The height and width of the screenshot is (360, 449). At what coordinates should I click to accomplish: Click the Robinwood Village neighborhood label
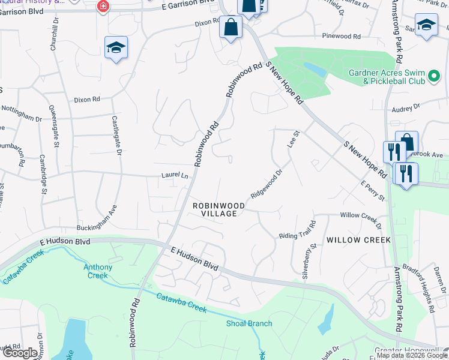[x=218, y=209]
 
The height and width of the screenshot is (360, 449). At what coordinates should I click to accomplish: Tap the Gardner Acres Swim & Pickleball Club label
[x=387, y=77]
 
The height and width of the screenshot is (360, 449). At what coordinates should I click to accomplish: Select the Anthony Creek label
[x=97, y=271]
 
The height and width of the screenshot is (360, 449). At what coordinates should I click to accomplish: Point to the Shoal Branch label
[x=249, y=323]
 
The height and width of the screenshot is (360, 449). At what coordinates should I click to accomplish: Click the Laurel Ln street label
[x=175, y=176]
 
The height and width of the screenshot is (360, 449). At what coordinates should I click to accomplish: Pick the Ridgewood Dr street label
[x=267, y=186]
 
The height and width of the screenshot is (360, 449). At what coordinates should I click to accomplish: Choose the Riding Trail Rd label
[x=297, y=233]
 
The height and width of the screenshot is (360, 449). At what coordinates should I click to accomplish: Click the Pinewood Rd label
[x=344, y=36]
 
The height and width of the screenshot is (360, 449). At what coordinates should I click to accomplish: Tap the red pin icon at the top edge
[x=103, y=6]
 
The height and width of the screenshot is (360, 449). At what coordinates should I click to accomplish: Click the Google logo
[x=19, y=353]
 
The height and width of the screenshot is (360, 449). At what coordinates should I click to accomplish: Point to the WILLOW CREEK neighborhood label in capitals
[x=358, y=240]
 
